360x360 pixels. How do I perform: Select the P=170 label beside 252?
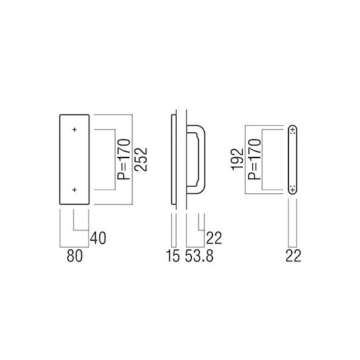coord(124,159)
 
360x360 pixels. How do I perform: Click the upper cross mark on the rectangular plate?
coord(75,129)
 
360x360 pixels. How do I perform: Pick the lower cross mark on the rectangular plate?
coord(75,190)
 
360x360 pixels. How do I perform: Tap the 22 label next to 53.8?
coord(213,236)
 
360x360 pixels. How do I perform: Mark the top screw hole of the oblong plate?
coord(292,130)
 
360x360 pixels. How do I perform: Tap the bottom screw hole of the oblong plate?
coord(292,189)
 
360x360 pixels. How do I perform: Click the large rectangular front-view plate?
coord(74,159)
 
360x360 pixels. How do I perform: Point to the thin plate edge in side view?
coord(175,159)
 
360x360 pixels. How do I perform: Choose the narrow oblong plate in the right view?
coord(292,159)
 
